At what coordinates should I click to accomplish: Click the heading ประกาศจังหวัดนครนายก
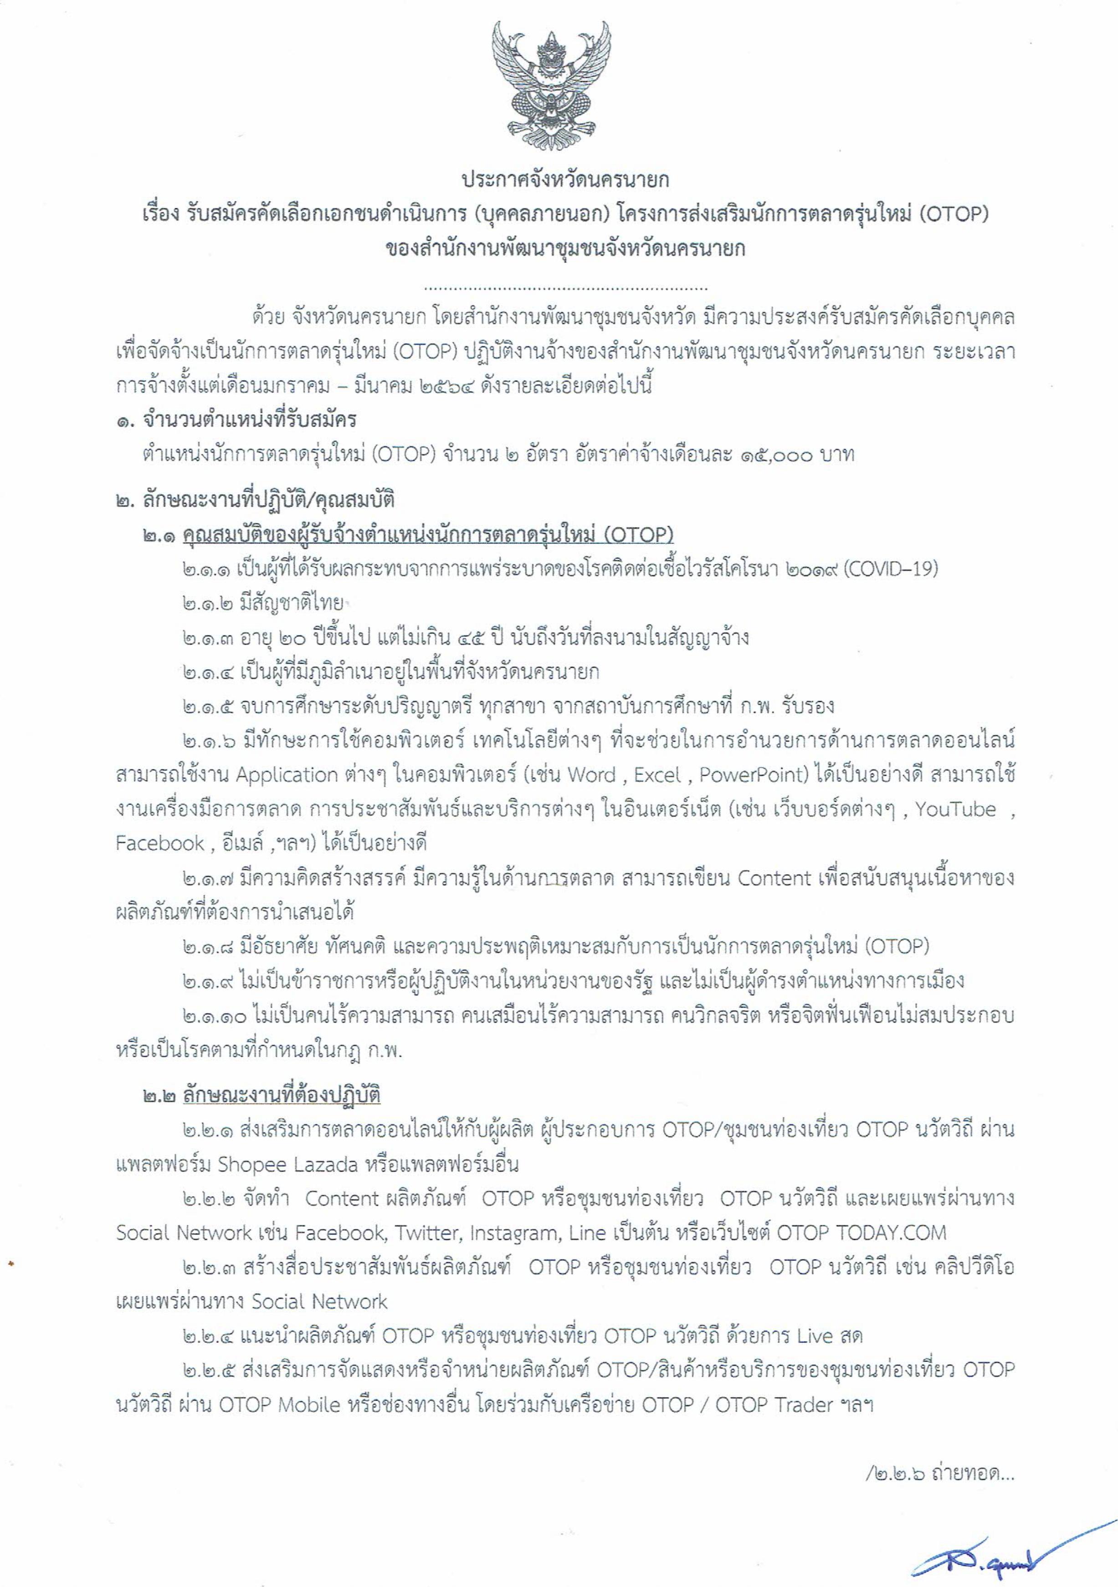(565, 181)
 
